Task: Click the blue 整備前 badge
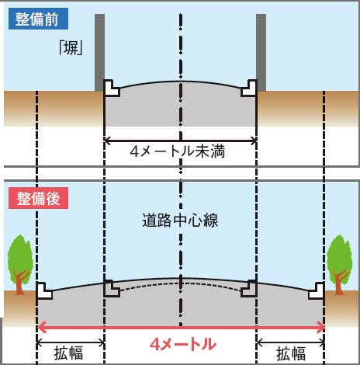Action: pyautogui.click(x=38, y=19)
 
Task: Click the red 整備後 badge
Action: pyautogui.click(x=38, y=198)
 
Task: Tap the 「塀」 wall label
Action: pyautogui.click(x=71, y=48)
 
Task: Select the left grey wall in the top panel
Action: pyautogui.click(x=99, y=53)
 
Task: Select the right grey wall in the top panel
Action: pyautogui.click(x=261, y=53)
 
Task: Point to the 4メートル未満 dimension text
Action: pyautogui.click(x=178, y=151)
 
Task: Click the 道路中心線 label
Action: pyautogui.click(x=180, y=221)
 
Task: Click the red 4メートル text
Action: pyautogui.click(x=183, y=345)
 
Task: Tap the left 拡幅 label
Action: pyautogui.click(x=68, y=353)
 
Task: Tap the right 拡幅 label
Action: pyautogui.click(x=291, y=353)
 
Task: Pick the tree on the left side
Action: pyautogui.click(x=20, y=265)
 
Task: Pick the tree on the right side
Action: pyautogui.click(x=340, y=265)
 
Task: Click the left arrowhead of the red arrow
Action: pyautogui.click(x=42, y=328)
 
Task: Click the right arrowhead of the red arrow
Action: pyautogui.click(x=320, y=328)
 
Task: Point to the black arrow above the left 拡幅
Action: pyautogui.click(x=71, y=343)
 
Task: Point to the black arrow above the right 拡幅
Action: pyautogui.click(x=291, y=343)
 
